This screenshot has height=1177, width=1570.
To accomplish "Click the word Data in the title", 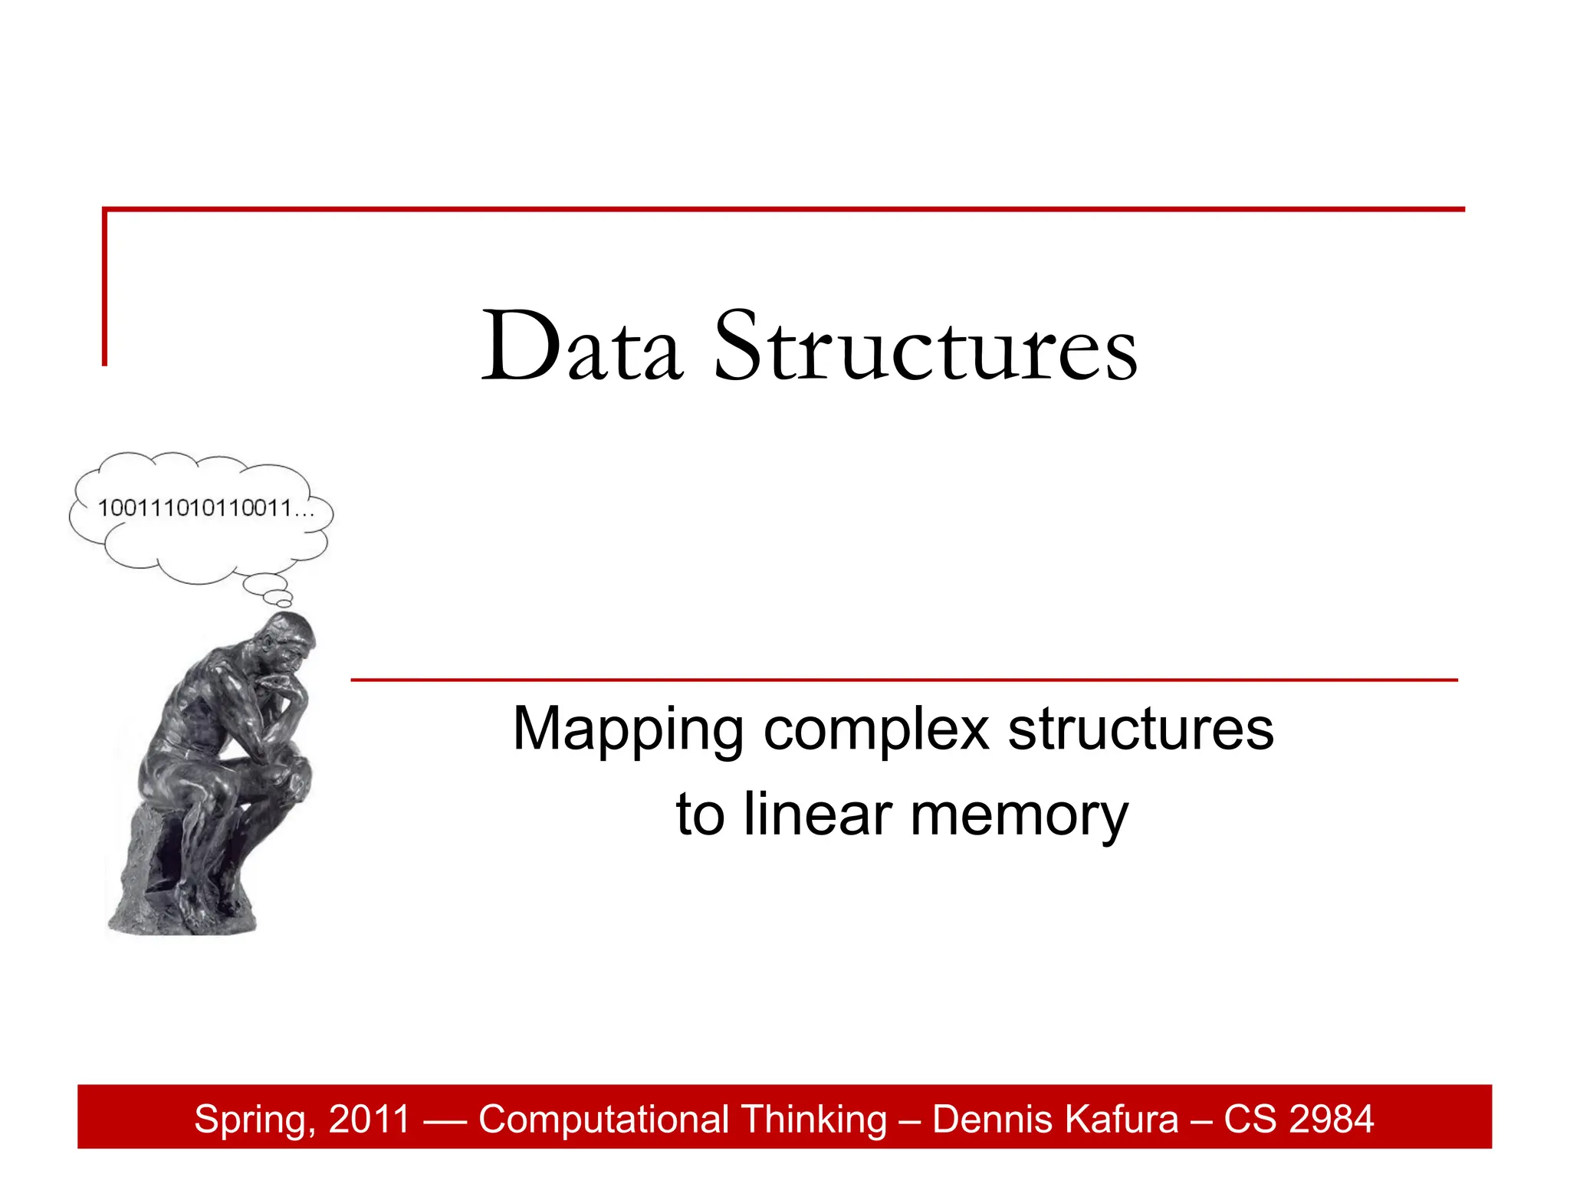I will point(581,346).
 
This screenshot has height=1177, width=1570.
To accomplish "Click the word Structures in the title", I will point(925,346).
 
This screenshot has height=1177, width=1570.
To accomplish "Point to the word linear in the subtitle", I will point(817,815).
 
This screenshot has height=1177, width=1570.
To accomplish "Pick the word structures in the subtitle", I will point(1140,729).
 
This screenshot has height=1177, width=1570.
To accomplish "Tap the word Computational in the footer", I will point(603,1120).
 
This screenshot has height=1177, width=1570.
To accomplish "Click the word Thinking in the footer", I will point(813,1120).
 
